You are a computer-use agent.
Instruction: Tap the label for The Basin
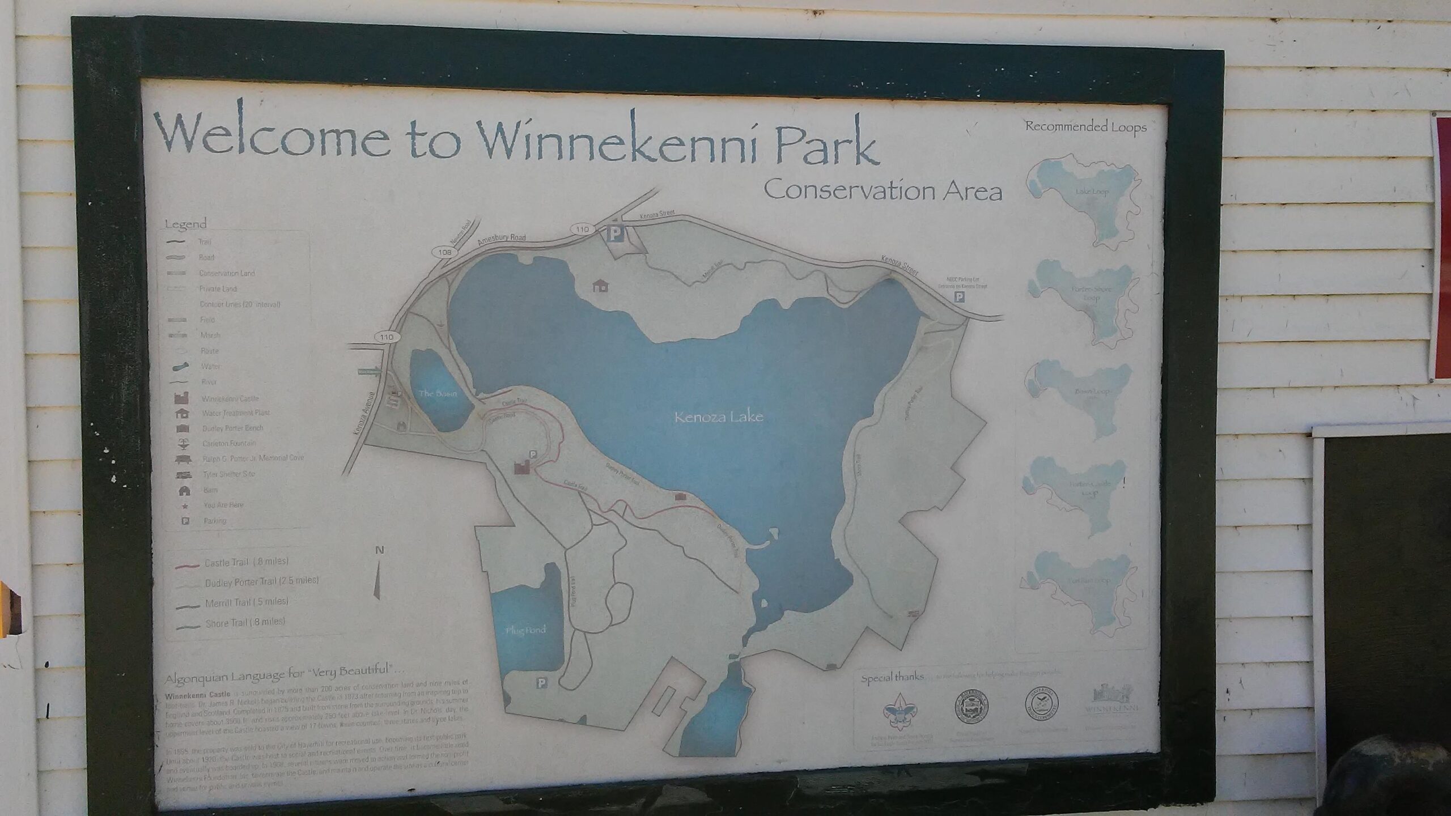click(x=438, y=393)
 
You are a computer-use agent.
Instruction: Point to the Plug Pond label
click(x=526, y=630)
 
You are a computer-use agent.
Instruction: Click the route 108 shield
click(x=444, y=252)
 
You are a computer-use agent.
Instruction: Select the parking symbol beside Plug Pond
click(x=541, y=684)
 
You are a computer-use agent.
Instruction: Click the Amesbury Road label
click(x=502, y=239)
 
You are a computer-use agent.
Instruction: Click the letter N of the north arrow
click(x=380, y=550)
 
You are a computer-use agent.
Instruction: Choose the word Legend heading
click(x=185, y=224)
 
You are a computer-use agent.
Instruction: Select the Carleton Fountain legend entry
click(x=228, y=443)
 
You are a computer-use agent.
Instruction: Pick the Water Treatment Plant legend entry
click(x=235, y=413)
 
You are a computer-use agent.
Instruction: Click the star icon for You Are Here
click(x=185, y=505)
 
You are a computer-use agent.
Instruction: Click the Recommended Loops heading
click(x=1085, y=127)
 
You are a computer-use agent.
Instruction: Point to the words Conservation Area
click(x=883, y=191)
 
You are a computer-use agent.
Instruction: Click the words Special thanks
click(x=892, y=677)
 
